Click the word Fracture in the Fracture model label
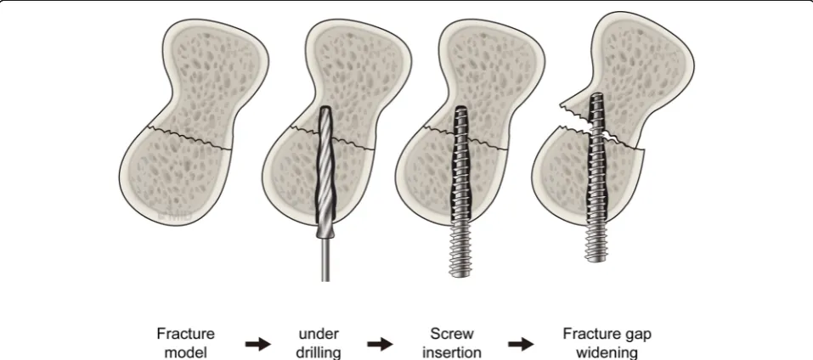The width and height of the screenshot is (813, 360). click(x=185, y=334)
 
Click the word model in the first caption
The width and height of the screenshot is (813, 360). click(x=185, y=352)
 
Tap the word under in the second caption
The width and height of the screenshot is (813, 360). click(x=319, y=334)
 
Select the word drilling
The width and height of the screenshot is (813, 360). click(x=319, y=353)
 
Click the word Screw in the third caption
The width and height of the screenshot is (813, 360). click(x=452, y=334)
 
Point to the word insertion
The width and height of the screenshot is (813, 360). click(x=452, y=352)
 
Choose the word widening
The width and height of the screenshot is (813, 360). click(x=607, y=352)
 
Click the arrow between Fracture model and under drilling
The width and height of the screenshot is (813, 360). click(x=257, y=344)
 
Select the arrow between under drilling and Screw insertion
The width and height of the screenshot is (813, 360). click(x=380, y=344)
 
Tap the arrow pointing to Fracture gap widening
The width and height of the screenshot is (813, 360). click(x=521, y=344)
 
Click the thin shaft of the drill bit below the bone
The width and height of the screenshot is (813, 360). click(x=325, y=259)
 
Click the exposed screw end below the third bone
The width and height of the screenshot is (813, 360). click(x=460, y=251)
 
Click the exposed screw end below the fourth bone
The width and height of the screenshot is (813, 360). click(x=596, y=244)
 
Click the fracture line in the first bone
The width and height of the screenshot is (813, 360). click(x=190, y=138)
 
